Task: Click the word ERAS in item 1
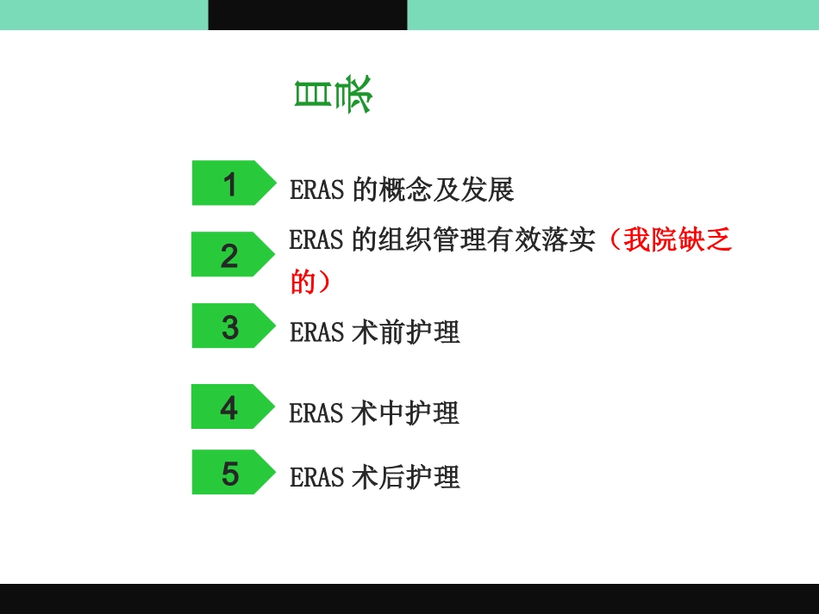click(x=317, y=189)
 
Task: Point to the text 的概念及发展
click(x=433, y=189)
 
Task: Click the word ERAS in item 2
click(x=317, y=239)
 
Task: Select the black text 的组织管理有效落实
click(x=473, y=239)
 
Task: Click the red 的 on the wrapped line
click(x=303, y=281)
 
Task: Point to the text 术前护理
click(x=406, y=332)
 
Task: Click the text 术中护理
click(x=406, y=412)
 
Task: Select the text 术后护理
click(x=406, y=477)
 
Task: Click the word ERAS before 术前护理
click(x=317, y=332)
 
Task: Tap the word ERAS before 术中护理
click(x=317, y=412)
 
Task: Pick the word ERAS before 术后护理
click(x=317, y=477)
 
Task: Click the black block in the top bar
click(x=308, y=15)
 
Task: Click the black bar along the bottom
click(x=409, y=598)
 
